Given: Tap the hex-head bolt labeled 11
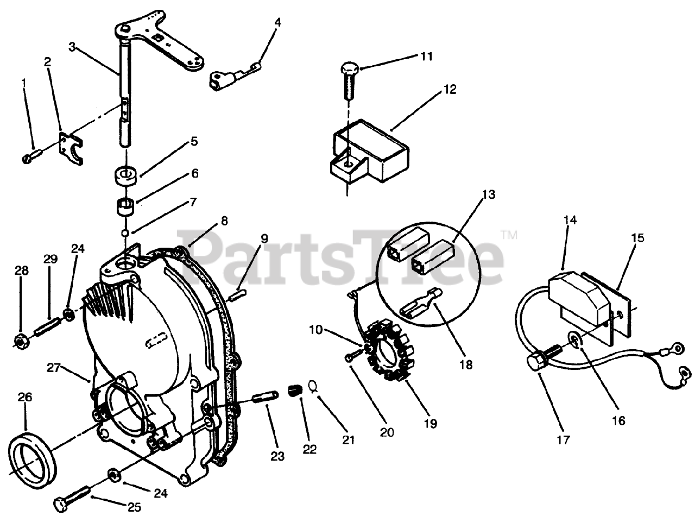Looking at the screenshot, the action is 348,79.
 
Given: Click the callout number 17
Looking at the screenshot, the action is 564,439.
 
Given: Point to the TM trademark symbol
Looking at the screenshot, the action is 509,236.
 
